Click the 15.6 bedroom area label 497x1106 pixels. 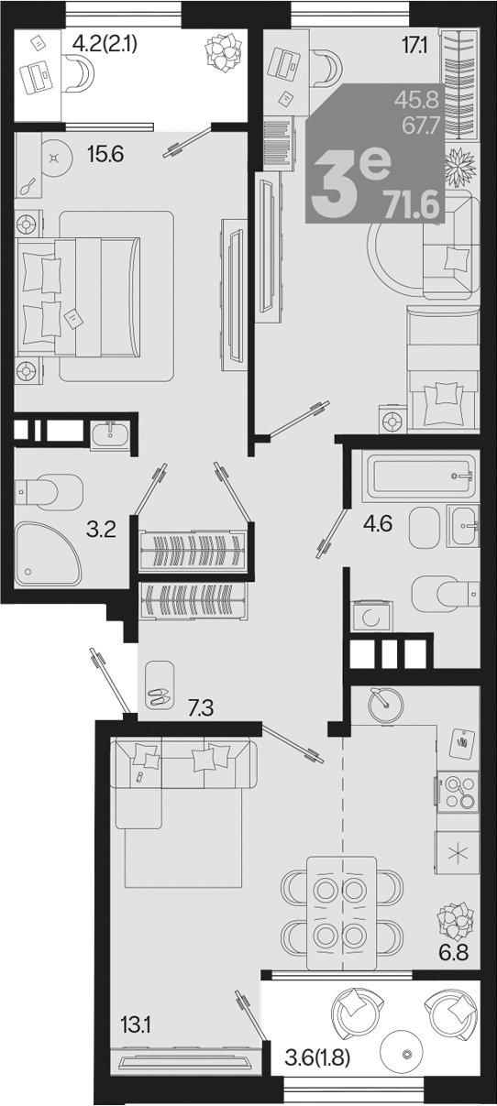pyautogui.click(x=105, y=155)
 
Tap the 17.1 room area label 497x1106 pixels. pyautogui.click(x=414, y=46)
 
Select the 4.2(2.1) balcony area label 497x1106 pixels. pyautogui.click(x=105, y=44)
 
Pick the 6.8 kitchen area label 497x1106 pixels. pyautogui.click(x=453, y=951)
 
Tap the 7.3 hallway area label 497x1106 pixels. pyautogui.click(x=201, y=708)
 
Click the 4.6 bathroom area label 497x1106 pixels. pyautogui.click(x=378, y=523)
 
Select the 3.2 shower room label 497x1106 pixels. pyautogui.click(x=101, y=530)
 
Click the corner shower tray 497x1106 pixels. pyautogui.click(x=47, y=553)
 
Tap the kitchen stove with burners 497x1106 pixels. pyautogui.click(x=458, y=792)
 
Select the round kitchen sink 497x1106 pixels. pyautogui.click(x=385, y=705)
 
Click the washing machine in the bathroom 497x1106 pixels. pyautogui.click(x=372, y=616)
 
